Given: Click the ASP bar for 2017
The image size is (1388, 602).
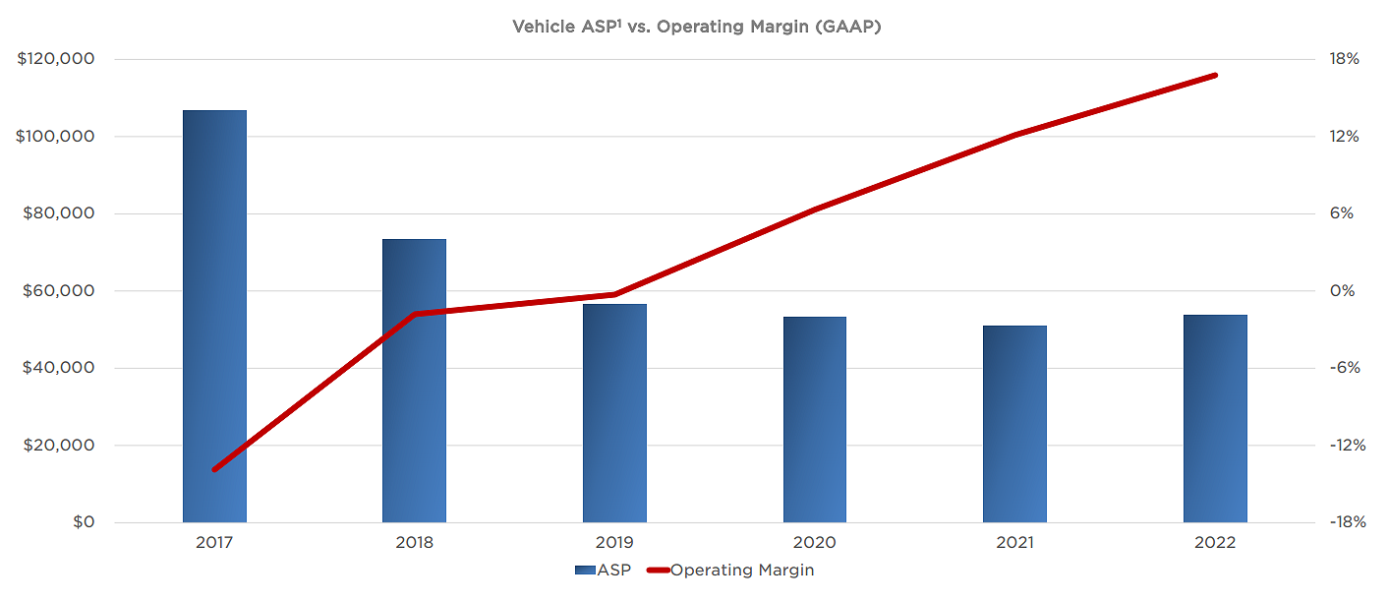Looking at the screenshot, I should (x=214, y=316).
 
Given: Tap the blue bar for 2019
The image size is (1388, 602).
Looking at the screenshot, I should (x=614, y=413).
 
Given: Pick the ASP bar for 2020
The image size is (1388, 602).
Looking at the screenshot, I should (x=814, y=419).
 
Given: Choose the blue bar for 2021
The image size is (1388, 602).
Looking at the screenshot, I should (x=1014, y=424).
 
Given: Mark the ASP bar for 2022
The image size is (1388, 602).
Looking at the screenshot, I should (x=1215, y=418).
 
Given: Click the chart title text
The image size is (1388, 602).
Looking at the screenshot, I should (x=696, y=27).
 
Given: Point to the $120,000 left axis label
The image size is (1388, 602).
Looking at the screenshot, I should (x=56, y=59).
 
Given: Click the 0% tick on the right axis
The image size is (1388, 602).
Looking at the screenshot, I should (x=1344, y=291).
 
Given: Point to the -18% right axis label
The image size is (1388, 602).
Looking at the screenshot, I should (x=1344, y=522).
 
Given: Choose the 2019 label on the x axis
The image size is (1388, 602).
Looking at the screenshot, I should (x=614, y=543).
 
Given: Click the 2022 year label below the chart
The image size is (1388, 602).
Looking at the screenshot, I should (x=1215, y=543).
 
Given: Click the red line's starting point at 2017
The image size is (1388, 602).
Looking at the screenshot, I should (x=214, y=469).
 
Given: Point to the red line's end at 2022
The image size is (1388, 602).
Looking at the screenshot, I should (x=1215, y=75).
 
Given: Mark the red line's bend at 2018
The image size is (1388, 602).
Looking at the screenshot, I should (x=414, y=314).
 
